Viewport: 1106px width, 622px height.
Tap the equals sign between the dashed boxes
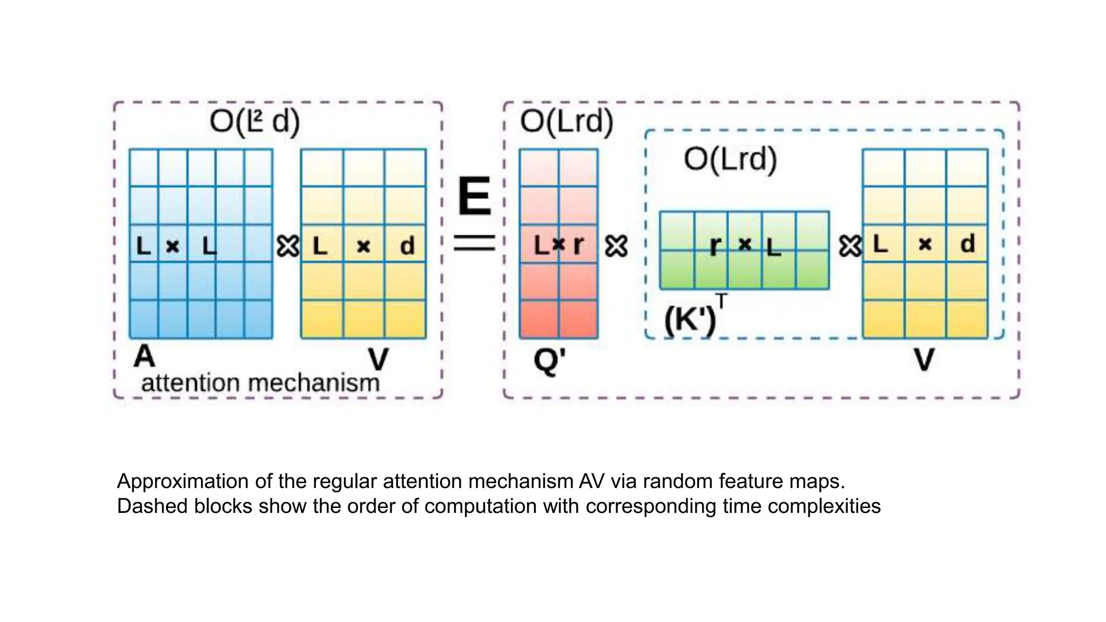click(474, 243)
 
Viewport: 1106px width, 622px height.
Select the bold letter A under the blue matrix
click(144, 356)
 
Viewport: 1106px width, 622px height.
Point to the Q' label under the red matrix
click(549, 360)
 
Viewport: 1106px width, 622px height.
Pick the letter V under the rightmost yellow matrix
click(924, 360)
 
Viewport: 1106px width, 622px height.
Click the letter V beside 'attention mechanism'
click(378, 359)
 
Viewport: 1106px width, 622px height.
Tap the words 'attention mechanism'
click(260, 383)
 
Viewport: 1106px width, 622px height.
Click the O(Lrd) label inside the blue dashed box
click(730, 159)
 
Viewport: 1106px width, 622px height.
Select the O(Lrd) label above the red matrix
click(567, 121)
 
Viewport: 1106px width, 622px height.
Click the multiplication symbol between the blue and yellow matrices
click(288, 246)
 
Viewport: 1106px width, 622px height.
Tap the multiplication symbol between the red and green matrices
click(616, 246)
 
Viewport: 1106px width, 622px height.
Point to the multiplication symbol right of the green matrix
click(849, 246)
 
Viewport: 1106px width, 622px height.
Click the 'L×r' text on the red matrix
click(558, 245)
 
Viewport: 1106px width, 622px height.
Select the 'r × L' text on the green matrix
click(745, 246)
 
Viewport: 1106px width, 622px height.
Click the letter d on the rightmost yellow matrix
click(967, 244)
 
